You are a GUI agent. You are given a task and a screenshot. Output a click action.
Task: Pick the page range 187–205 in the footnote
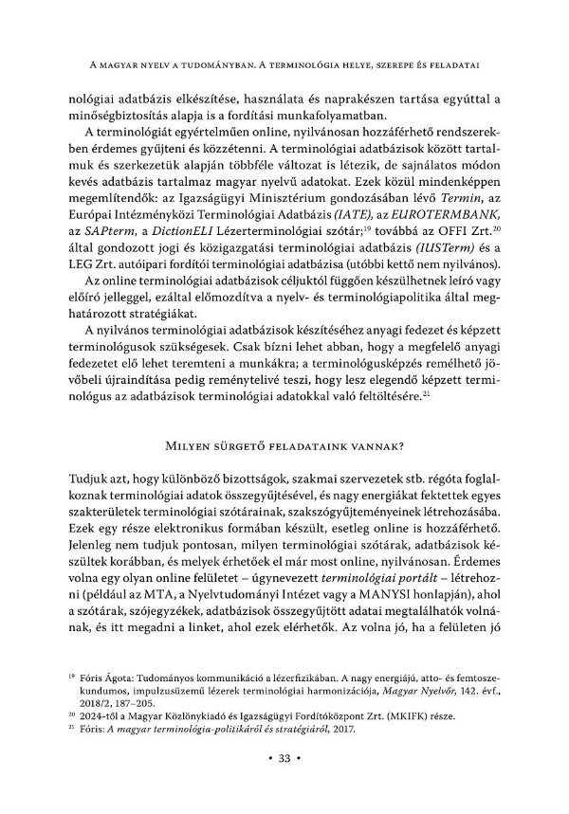156,704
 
